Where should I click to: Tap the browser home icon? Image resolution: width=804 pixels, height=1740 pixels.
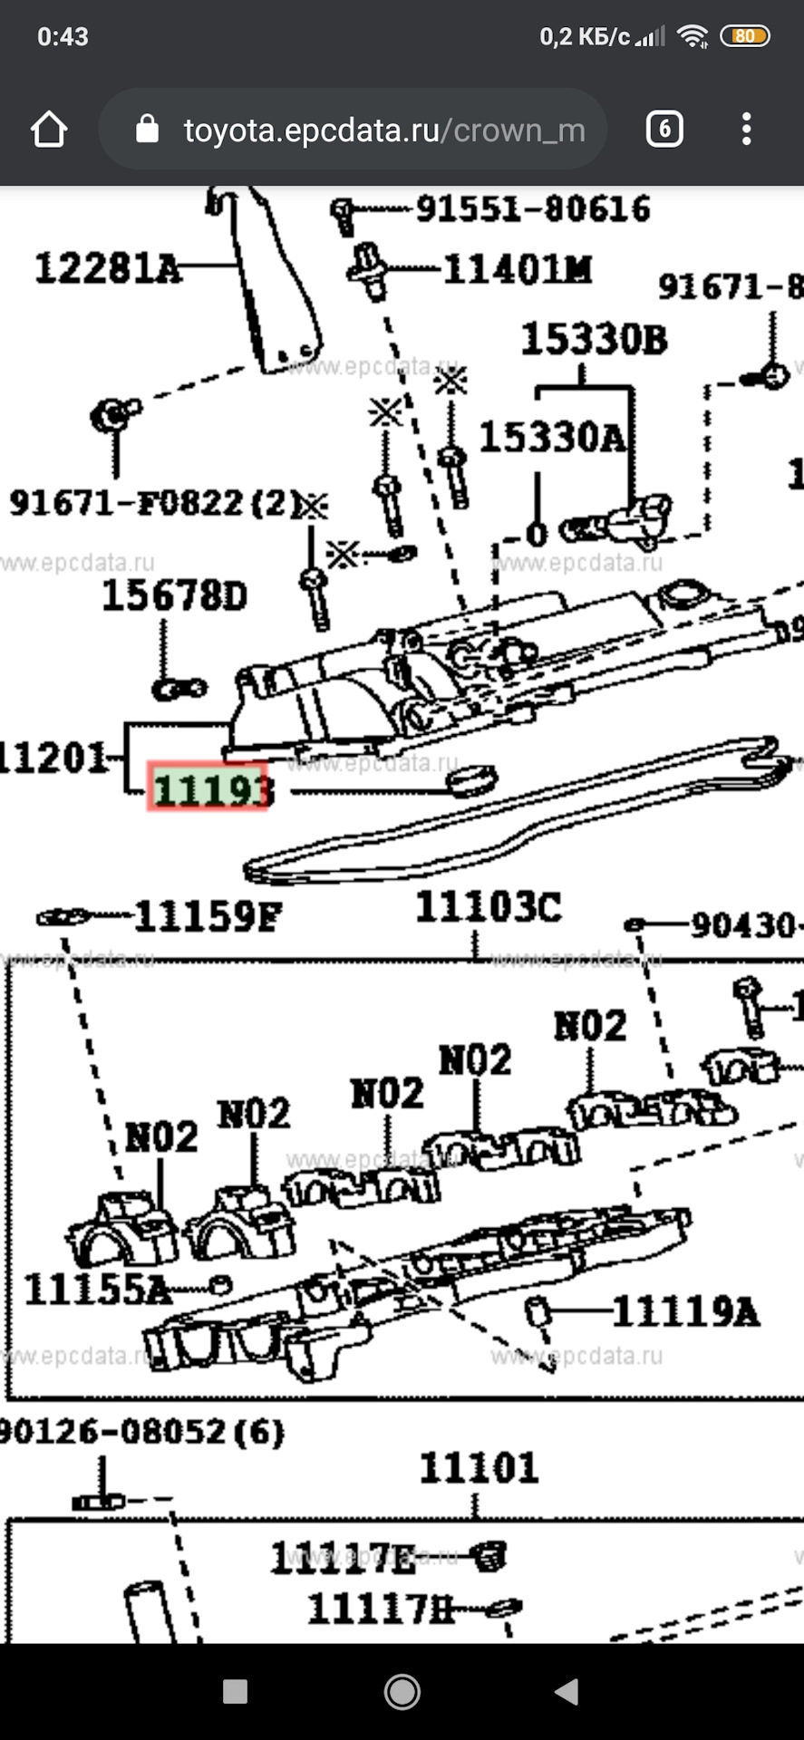tap(49, 130)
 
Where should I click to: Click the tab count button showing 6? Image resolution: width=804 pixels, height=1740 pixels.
tap(664, 130)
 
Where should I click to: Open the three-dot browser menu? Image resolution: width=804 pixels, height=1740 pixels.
tap(746, 130)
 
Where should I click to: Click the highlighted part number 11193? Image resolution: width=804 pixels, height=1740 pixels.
tap(209, 788)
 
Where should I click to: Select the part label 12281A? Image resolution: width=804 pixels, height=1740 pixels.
tap(107, 269)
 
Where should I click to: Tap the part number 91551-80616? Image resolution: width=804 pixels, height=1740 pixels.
tap(533, 209)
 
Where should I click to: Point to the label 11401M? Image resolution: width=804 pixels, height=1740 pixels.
tap(517, 269)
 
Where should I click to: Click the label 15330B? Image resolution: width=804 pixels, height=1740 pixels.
tap(593, 340)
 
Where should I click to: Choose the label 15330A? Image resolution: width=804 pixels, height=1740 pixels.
tap(551, 438)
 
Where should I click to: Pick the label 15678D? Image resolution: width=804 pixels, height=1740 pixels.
tap(174, 596)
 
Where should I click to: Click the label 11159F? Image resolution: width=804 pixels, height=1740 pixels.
tap(208, 917)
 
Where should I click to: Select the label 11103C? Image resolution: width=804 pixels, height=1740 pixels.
tap(488, 907)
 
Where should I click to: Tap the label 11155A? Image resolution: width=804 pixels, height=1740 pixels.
tap(97, 1290)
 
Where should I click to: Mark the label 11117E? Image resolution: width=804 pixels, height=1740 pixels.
tap(343, 1559)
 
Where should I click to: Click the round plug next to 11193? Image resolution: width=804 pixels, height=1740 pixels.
tap(473, 780)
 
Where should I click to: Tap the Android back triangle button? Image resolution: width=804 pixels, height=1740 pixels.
tap(567, 1691)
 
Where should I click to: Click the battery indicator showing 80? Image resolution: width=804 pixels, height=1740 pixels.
tap(744, 36)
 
